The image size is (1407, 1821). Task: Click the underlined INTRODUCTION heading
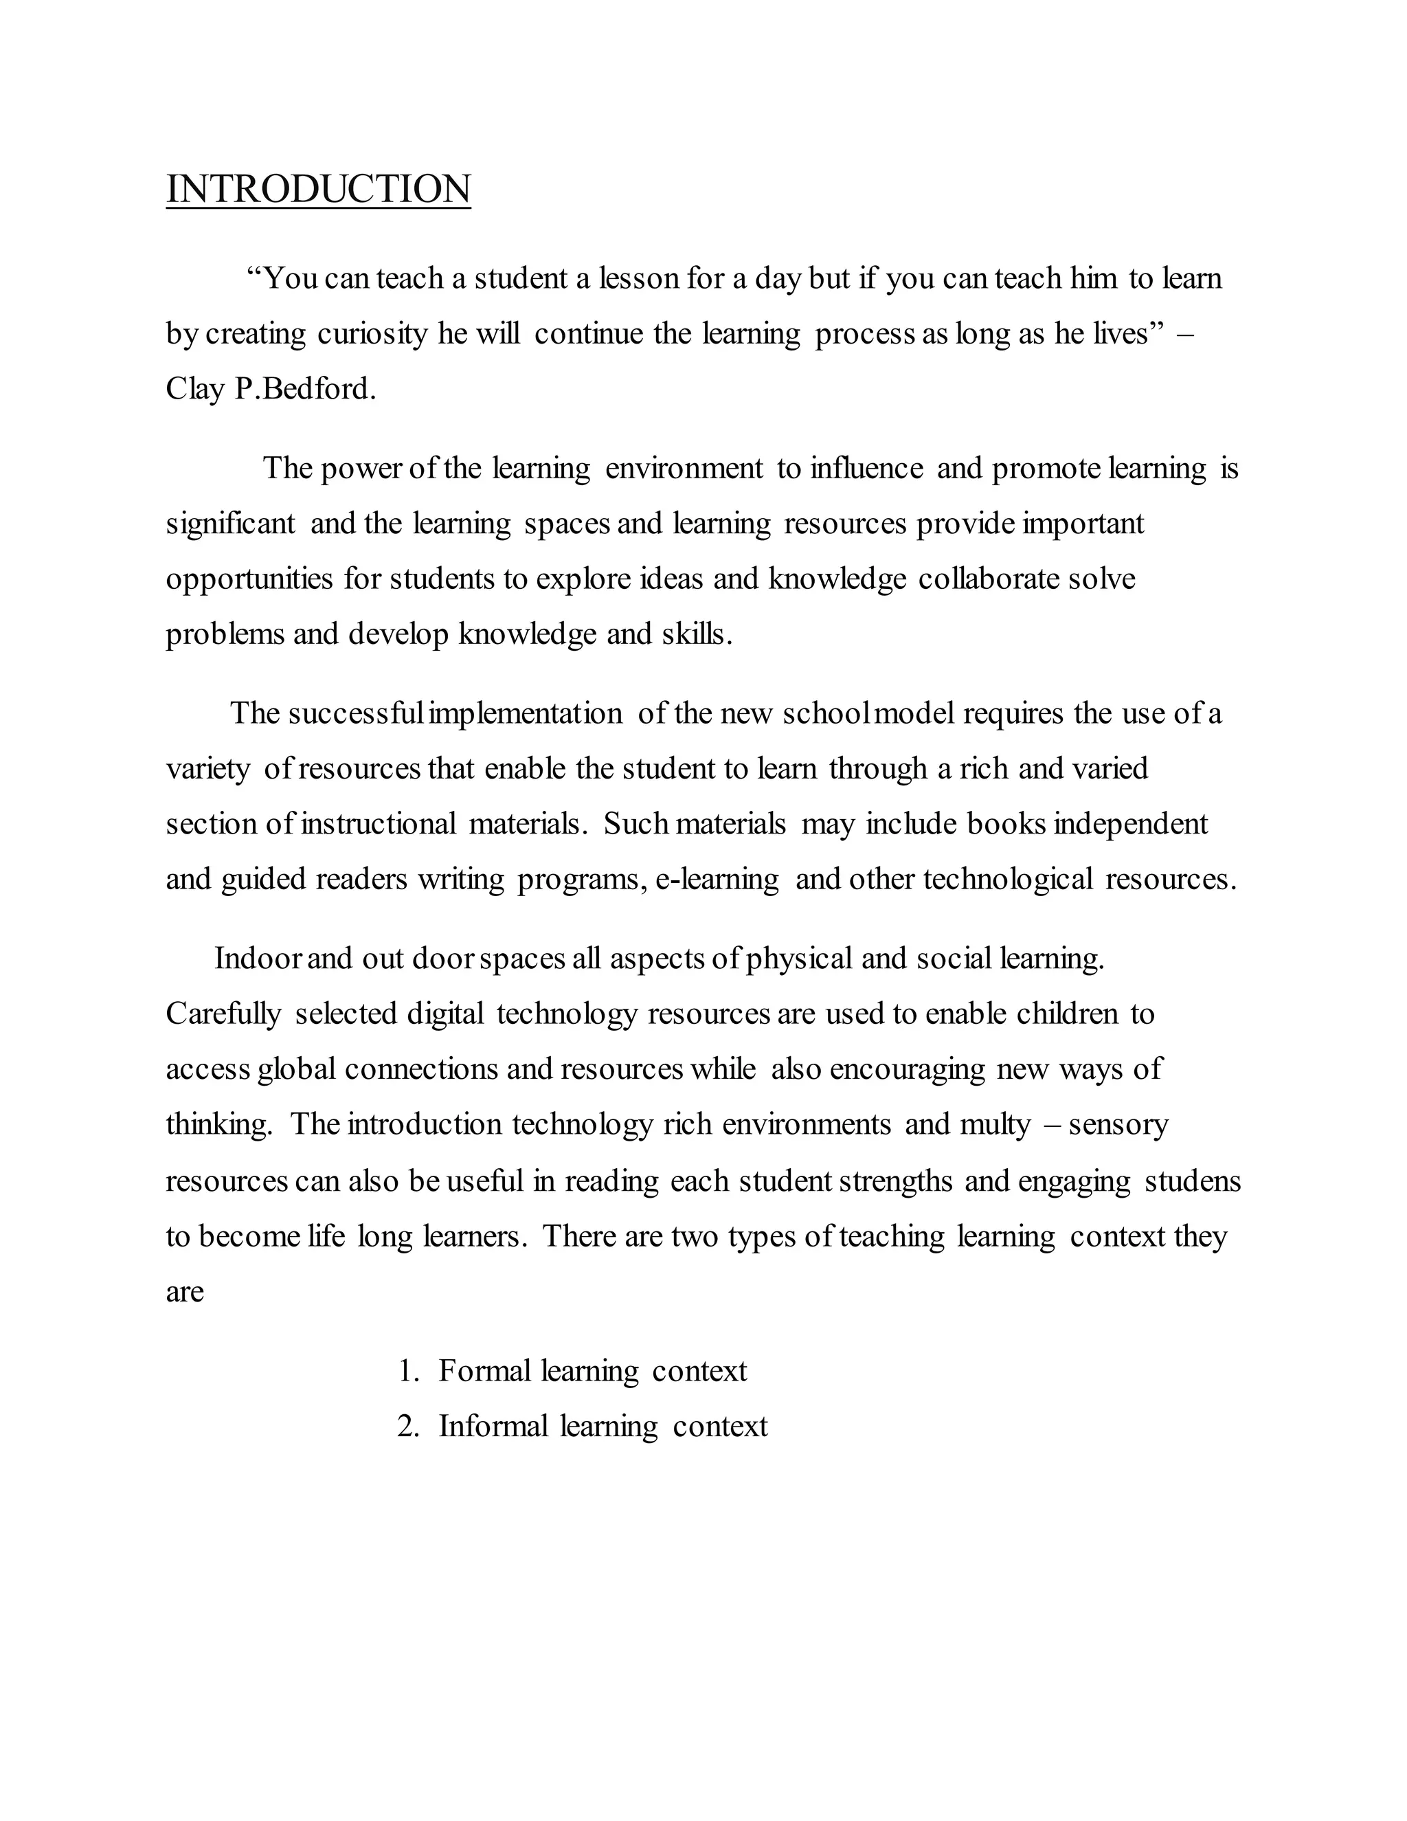[318, 188]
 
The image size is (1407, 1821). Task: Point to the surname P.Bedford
[305, 388]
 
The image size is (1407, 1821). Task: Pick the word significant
[230, 524]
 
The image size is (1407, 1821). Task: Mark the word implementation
[524, 714]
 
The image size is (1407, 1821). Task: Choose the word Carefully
[223, 1014]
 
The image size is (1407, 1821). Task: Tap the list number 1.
[407, 1371]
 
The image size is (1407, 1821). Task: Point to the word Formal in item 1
[484, 1371]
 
